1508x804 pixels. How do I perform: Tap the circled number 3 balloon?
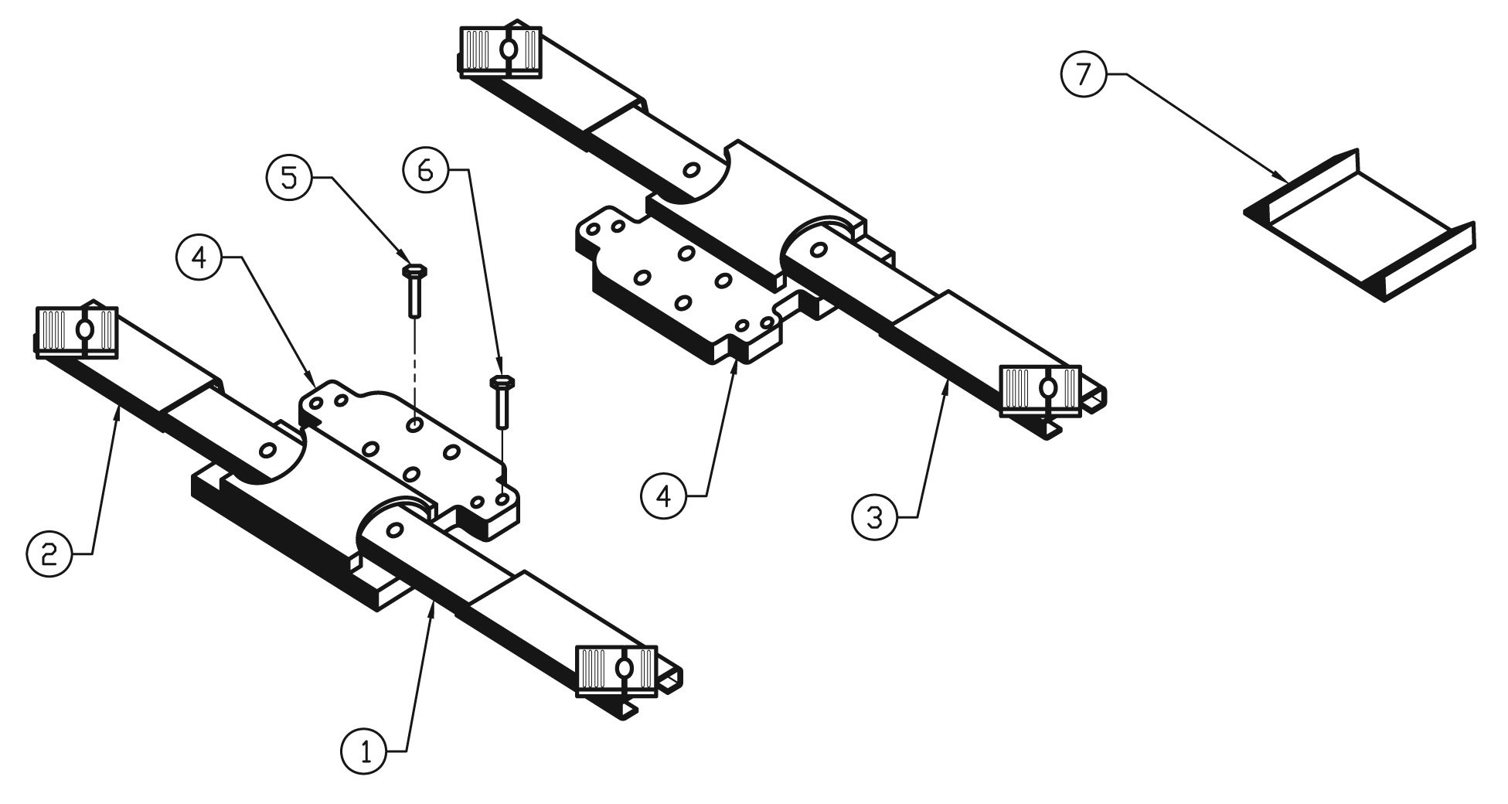[874, 516]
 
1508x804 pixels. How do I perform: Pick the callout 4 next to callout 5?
[199, 258]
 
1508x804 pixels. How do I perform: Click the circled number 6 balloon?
[424, 170]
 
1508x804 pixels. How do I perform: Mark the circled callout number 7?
[1084, 75]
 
